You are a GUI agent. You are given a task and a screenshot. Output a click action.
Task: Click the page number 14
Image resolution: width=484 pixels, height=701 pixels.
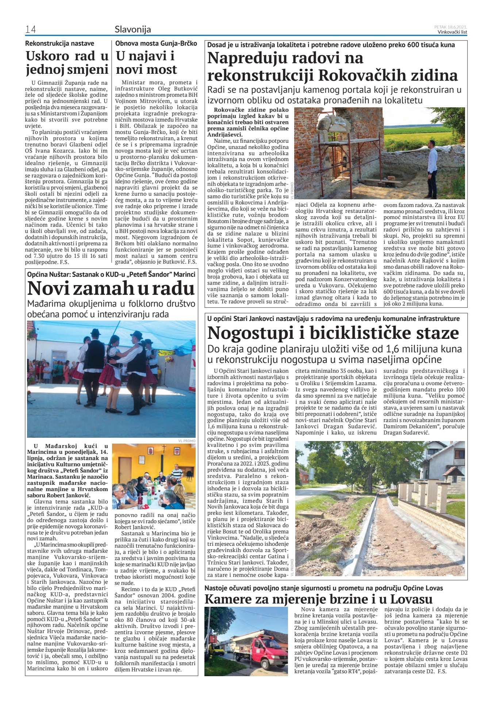[30, 30]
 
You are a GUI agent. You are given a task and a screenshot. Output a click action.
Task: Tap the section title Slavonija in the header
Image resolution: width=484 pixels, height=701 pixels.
[133, 29]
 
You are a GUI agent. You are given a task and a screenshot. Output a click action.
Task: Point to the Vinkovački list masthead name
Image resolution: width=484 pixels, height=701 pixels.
[452, 32]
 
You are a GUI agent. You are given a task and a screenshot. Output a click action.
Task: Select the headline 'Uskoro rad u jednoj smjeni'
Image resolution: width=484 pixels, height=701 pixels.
[67, 62]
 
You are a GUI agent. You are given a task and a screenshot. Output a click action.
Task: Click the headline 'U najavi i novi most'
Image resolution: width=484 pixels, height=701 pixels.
[146, 62]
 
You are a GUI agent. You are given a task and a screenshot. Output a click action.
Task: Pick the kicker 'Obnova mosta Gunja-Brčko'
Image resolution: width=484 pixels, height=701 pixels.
[156, 43]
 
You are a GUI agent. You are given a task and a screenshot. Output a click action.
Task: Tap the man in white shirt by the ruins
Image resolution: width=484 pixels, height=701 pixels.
[432, 168]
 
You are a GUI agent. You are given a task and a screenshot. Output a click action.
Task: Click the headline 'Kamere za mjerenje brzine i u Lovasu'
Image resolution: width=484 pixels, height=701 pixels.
[319, 599]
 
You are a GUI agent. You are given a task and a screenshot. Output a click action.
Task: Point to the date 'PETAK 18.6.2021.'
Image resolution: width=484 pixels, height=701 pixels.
[451, 27]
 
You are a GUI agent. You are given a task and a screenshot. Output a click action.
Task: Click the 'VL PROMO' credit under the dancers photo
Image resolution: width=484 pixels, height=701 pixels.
[187, 441]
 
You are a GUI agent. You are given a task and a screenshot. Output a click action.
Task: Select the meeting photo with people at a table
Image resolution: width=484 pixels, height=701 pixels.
[154, 476]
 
